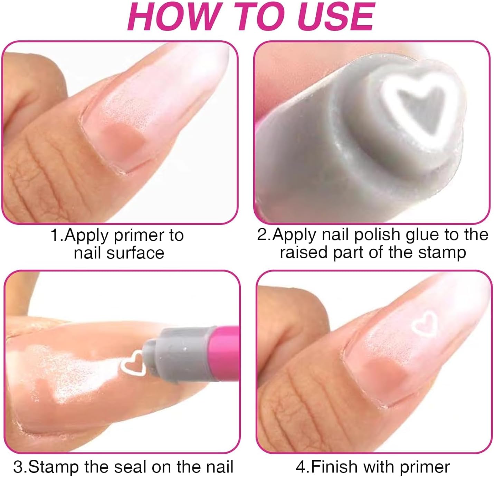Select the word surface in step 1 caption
tap(135, 253)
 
